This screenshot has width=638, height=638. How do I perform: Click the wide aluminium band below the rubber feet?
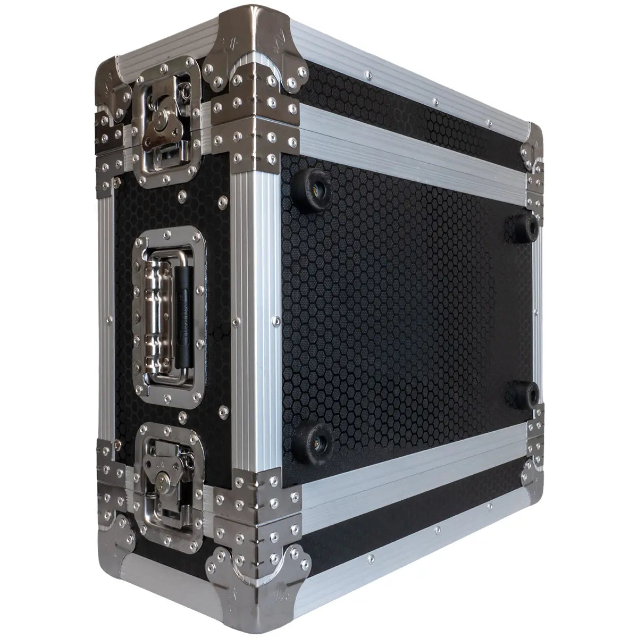point(415,468)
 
